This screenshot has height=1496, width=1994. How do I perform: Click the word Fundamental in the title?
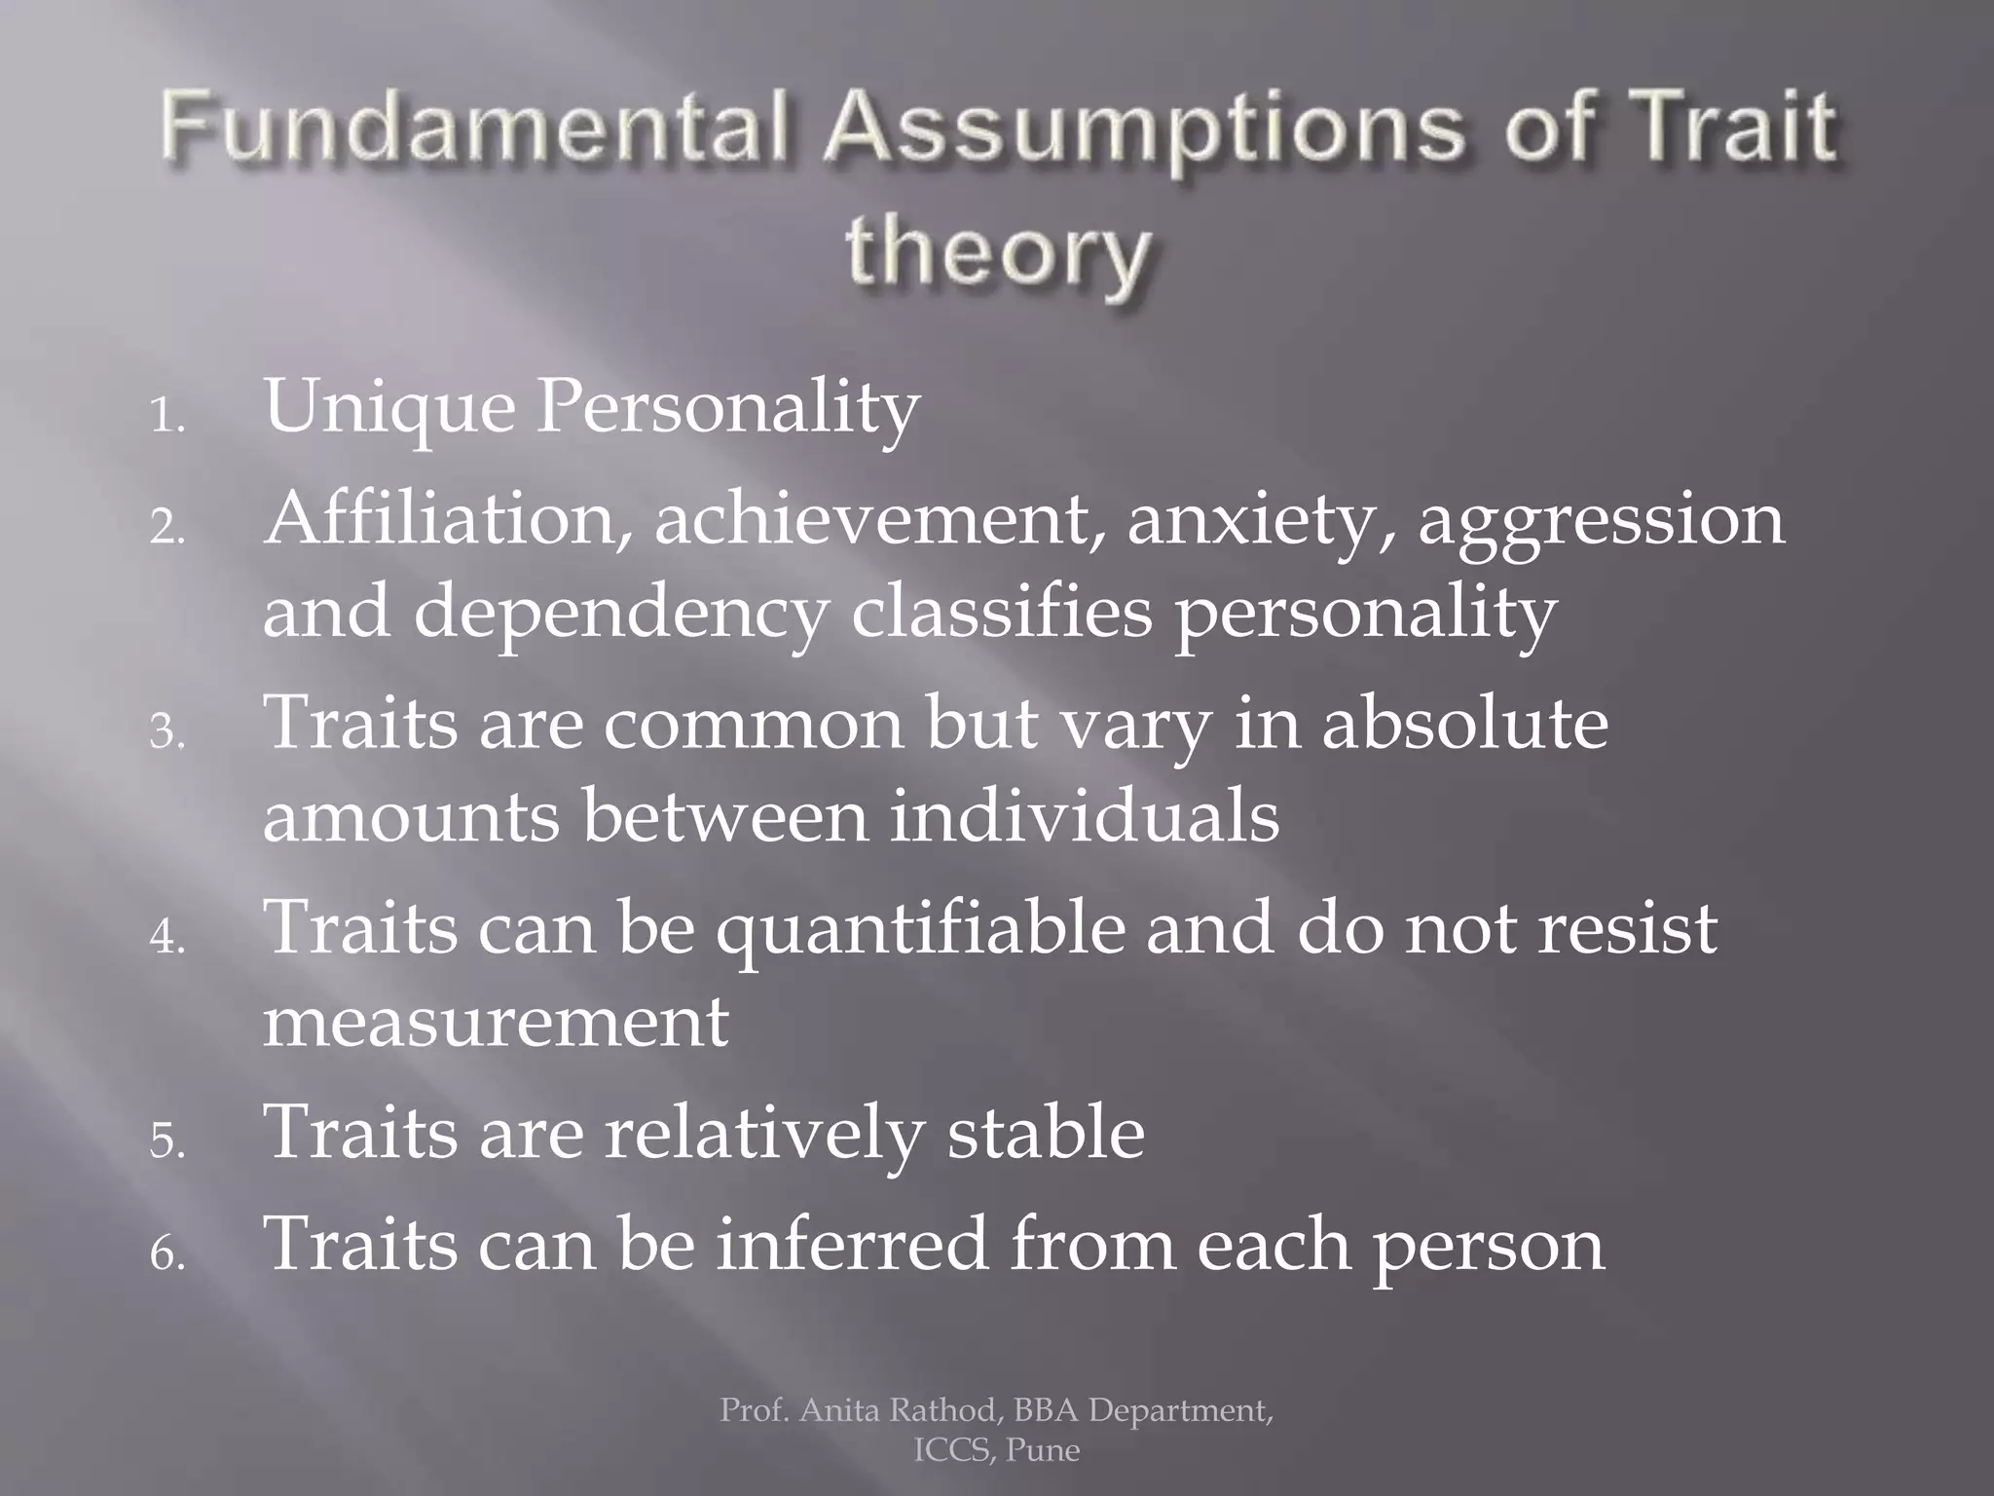tap(474, 131)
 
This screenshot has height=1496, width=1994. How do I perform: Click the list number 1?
tap(166, 419)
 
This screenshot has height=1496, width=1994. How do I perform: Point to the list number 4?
tap(166, 938)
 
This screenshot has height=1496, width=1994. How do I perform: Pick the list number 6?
tap(166, 1255)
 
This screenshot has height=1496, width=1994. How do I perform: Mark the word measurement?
tap(496, 1022)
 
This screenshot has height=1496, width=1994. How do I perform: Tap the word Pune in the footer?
tap(1043, 1450)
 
